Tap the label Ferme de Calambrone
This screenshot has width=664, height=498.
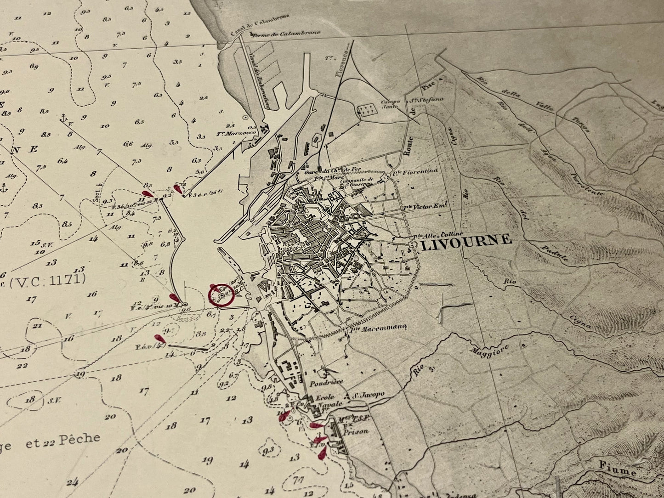click(285, 34)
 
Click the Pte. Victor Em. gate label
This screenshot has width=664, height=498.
click(426, 207)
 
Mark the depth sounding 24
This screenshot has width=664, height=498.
click(72, 482)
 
